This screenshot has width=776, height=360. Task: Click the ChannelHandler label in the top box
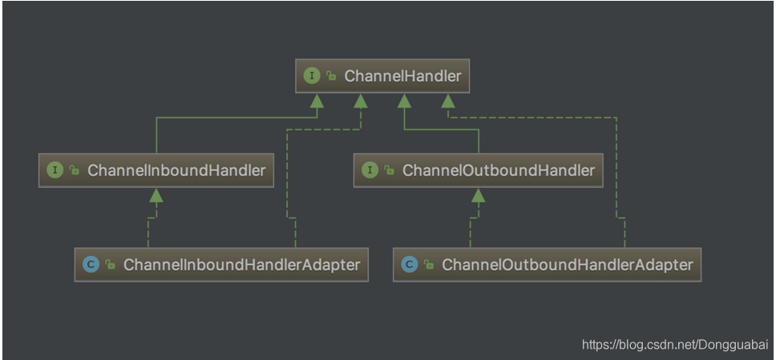(402, 76)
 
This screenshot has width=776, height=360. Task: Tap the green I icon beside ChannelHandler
(312, 76)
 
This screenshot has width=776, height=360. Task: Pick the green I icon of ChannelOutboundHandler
(370, 170)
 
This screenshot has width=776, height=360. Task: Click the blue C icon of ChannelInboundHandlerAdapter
(91, 264)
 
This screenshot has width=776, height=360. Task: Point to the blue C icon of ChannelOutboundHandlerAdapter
(410, 264)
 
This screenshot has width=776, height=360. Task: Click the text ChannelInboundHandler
(176, 170)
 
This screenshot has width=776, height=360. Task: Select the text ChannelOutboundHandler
(498, 170)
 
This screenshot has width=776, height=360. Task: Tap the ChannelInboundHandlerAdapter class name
(241, 264)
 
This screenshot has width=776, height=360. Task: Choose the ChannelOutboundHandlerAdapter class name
(567, 264)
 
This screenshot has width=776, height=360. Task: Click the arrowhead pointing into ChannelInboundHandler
(157, 195)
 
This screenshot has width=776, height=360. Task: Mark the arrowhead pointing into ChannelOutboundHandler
(479, 195)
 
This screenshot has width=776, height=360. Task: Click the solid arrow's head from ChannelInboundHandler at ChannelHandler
(317, 101)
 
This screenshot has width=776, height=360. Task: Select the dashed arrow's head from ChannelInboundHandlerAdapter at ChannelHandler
(361, 101)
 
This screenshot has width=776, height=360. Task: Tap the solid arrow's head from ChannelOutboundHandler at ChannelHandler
(405, 101)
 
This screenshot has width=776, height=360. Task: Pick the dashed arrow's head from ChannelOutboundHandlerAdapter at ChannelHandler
(447, 101)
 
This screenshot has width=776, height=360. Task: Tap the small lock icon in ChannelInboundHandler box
(74, 171)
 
